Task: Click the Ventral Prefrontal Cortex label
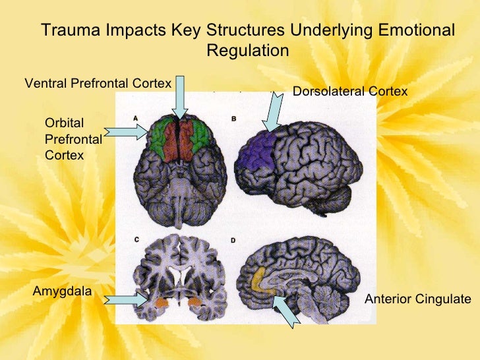[x=98, y=83]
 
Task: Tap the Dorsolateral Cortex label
[x=350, y=91]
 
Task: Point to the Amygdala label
[x=62, y=291]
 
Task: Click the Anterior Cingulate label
[x=417, y=299]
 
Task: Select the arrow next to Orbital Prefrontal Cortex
[x=126, y=132]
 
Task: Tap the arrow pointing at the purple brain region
[x=273, y=109]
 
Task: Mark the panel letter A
[x=135, y=119]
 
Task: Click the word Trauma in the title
[x=70, y=31]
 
